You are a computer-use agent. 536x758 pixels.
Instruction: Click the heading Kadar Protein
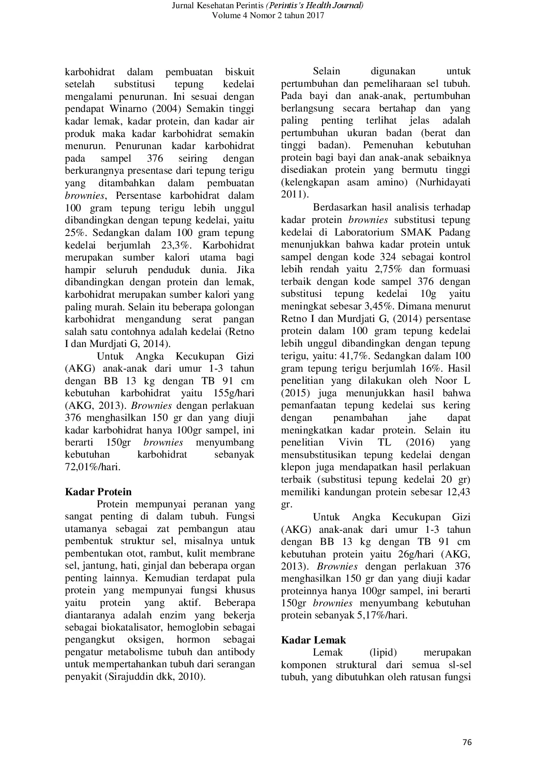[98, 492]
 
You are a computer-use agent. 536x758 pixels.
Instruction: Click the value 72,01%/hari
[93, 467]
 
